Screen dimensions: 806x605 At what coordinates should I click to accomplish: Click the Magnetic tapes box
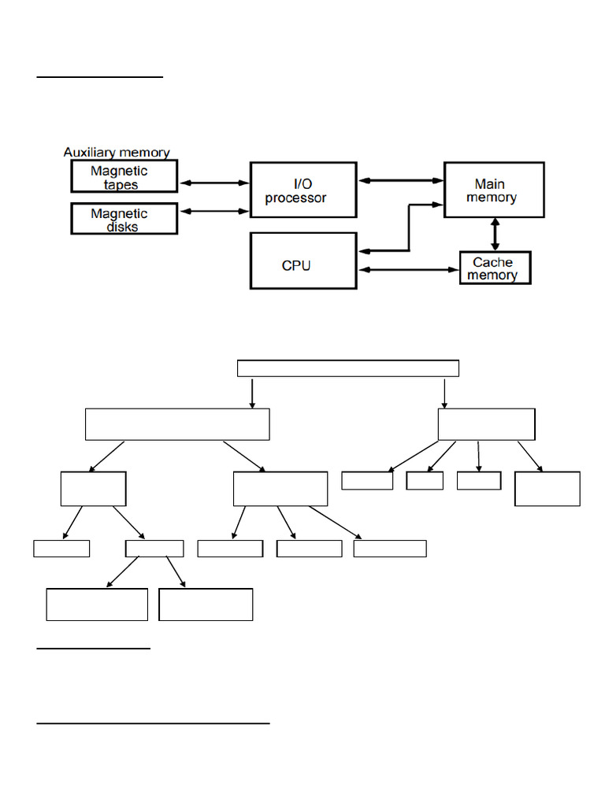pyautogui.click(x=124, y=176)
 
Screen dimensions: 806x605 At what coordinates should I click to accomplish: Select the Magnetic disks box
pyautogui.click(x=124, y=219)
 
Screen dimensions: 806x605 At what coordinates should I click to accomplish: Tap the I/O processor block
pyautogui.click(x=302, y=190)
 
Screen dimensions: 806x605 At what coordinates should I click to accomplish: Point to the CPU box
pyautogui.click(x=302, y=261)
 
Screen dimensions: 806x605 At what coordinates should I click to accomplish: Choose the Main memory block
pyautogui.click(x=493, y=190)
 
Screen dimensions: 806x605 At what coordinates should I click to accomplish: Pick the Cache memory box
pyautogui.click(x=495, y=268)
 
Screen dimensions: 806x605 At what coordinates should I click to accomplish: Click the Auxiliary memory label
pyautogui.click(x=117, y=153)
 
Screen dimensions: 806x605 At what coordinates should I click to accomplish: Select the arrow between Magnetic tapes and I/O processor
pyautogui.click(x=213, y=183)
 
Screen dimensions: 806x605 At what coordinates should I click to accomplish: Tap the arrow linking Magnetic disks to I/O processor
pyautogui.click(x=213, y=211)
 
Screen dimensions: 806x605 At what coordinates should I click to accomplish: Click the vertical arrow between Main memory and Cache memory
pyautogui.click(x=496, y=235)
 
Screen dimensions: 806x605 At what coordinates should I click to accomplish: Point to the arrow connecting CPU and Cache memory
pyautogui.click(x=408, y=270)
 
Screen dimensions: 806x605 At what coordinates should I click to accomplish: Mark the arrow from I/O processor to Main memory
pyautogui.click(x=400, y=181)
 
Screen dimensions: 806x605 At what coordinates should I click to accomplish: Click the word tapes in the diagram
pyautogui.click(x=121, y=185)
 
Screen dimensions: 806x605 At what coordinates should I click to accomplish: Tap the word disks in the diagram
pyautogui.click(x=122, y=227)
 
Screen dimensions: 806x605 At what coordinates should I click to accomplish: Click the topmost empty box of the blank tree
pyautogui.click(x=347, y=368)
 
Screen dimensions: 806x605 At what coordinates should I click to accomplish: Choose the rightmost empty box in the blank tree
pyautogui.click(x=547, y=489)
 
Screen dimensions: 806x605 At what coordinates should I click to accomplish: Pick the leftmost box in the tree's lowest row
pyautogui.click(x=97, y=604)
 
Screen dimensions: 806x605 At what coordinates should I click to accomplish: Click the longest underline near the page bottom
pyautogui.click(x=154, y=723)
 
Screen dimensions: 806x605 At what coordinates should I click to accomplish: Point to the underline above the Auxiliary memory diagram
pyautogui.click(x=100, y=78)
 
